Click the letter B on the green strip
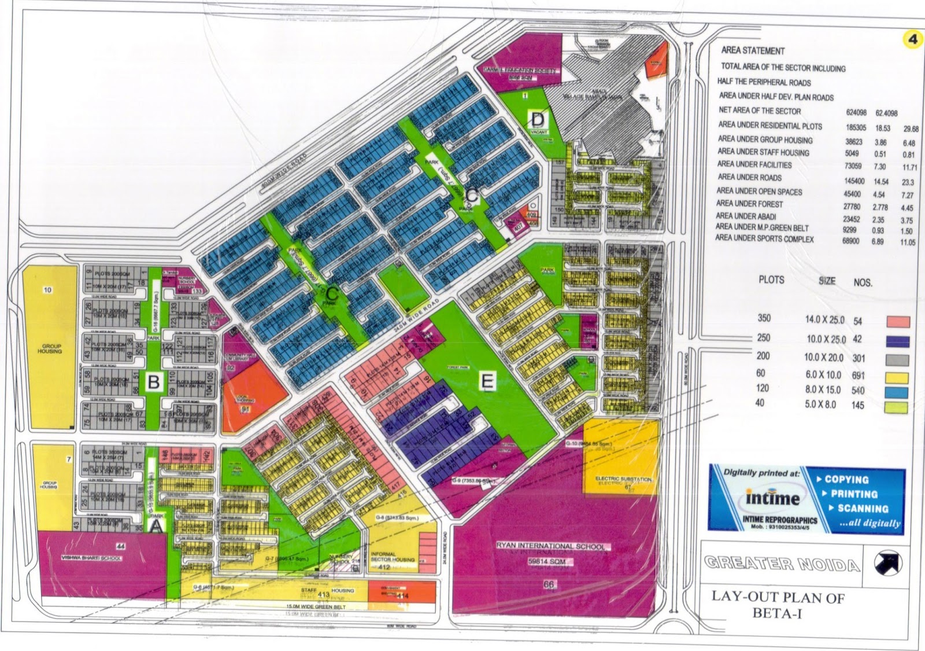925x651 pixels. coord(154,382)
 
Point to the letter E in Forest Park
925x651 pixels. coord(487,381)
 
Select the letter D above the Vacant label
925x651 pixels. coord(538,120)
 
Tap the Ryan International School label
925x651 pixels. coord(550,546)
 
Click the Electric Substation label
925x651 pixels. coord(623,479)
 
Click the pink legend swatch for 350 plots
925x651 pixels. coord(897,322)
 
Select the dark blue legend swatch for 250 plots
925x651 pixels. coord(897,341)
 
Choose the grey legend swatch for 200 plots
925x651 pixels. coord(897,360)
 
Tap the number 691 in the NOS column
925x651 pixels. coord(858,376)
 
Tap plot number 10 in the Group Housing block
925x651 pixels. coord(47,290)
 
